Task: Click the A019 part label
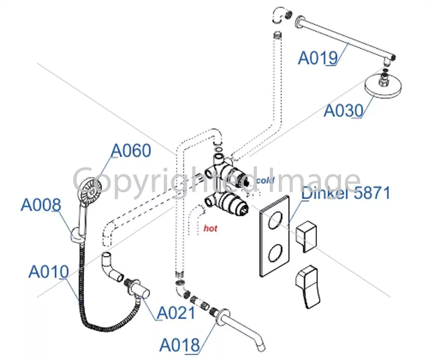[318, 58]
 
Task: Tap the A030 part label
[343, 111]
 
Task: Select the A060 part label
[131, 150]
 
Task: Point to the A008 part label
[41, 205]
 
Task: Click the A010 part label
[49, 272]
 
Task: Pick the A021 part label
[176, 313]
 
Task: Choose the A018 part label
[180, 345]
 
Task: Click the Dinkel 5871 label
[346, 193]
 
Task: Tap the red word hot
[210, 228]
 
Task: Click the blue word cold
[265, 180]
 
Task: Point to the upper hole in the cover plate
[275, 220]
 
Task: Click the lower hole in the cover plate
[275, 253]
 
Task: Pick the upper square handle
[306, 236]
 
